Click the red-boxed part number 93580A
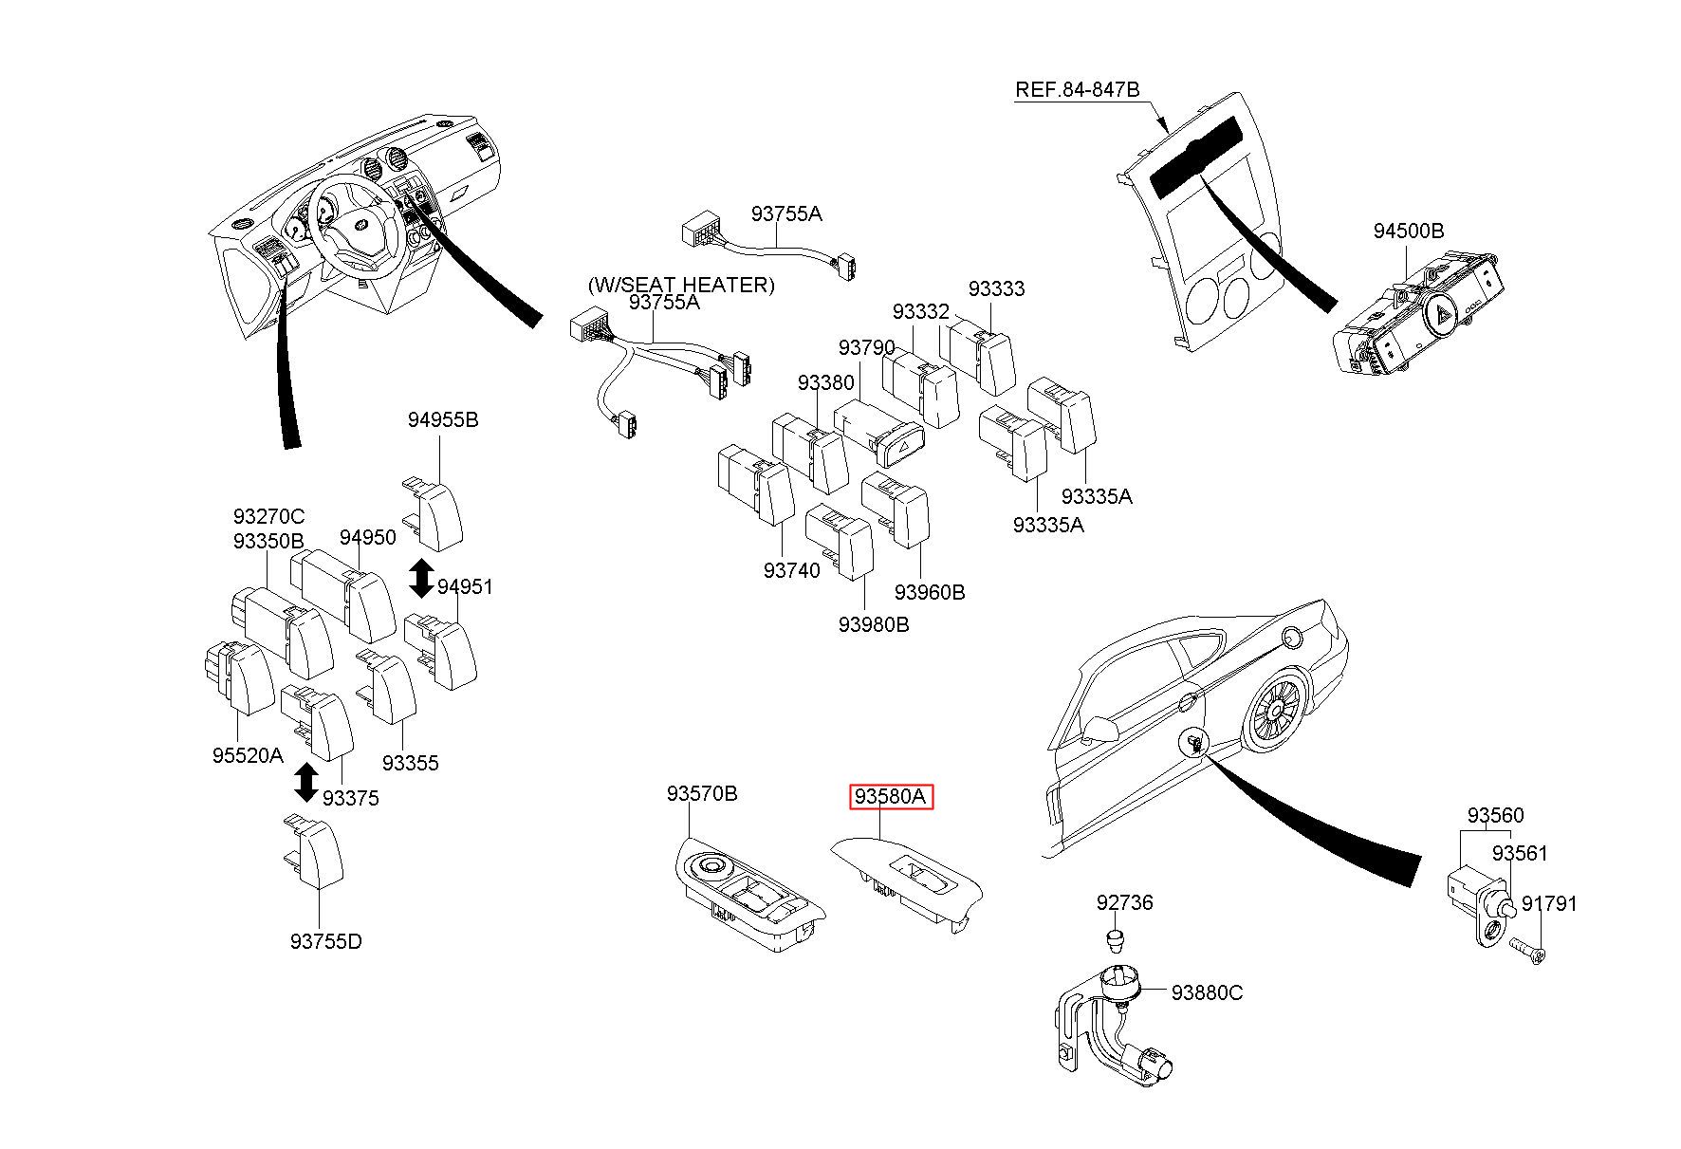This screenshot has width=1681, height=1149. [890, 797]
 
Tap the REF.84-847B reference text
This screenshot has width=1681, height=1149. [1077, 90]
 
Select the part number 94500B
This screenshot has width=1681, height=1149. [1408, 231]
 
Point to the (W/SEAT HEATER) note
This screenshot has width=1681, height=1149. [681, 285]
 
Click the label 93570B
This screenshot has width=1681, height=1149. [701, 793]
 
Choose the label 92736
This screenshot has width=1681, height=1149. [1124, 902]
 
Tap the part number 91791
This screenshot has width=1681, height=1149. [1549, 904]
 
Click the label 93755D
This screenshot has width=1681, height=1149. [325, 941]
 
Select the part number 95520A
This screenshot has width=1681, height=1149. [247, 755]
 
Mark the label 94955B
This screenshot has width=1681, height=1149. [443, 419]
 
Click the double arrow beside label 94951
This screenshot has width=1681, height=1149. [420, 579]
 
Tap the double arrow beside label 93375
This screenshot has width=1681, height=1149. [305, 781]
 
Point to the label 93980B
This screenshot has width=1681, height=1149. [873, 624]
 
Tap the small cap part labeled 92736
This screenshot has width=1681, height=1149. [1117, 942]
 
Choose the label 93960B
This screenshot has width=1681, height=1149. [929, 592]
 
